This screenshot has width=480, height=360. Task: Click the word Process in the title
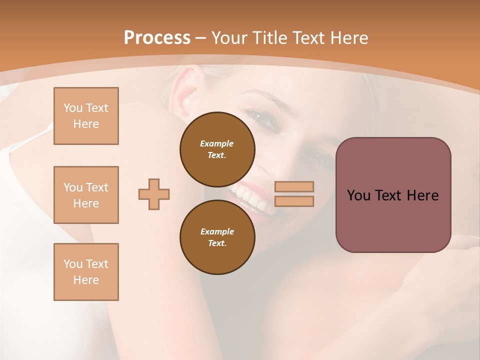coord(157,38)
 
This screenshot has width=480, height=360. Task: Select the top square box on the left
coord(86,116)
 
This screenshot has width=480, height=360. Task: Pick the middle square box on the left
coord(86,195)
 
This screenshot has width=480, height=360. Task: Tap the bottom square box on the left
coord(86,272)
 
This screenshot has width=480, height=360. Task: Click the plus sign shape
coord(154,194)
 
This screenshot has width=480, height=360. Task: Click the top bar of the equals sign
coord(294,186)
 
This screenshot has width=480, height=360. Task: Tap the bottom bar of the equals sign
coord(294,201)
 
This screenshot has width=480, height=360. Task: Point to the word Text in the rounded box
coord(393,195)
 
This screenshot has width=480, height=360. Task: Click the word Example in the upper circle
coord(217,143)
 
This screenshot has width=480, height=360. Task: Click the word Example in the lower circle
coord(217,231)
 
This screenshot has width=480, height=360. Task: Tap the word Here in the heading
coord(349,38)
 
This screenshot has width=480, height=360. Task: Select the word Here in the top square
coord(86,124)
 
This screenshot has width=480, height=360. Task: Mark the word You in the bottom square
coord(72,264)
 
